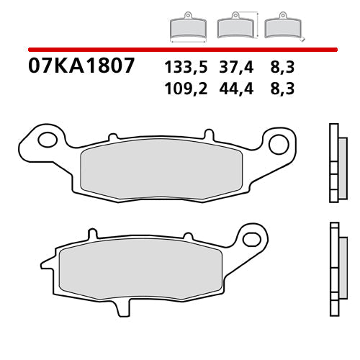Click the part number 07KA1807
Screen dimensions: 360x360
pos(81,66)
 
